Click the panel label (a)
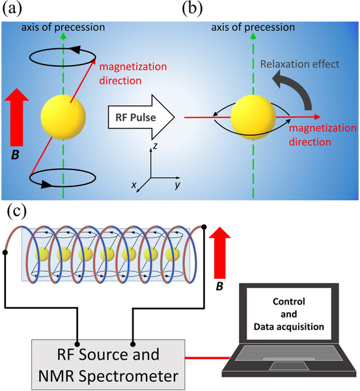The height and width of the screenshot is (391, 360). [12, 9]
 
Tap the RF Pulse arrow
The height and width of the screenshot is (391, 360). [138, 117]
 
